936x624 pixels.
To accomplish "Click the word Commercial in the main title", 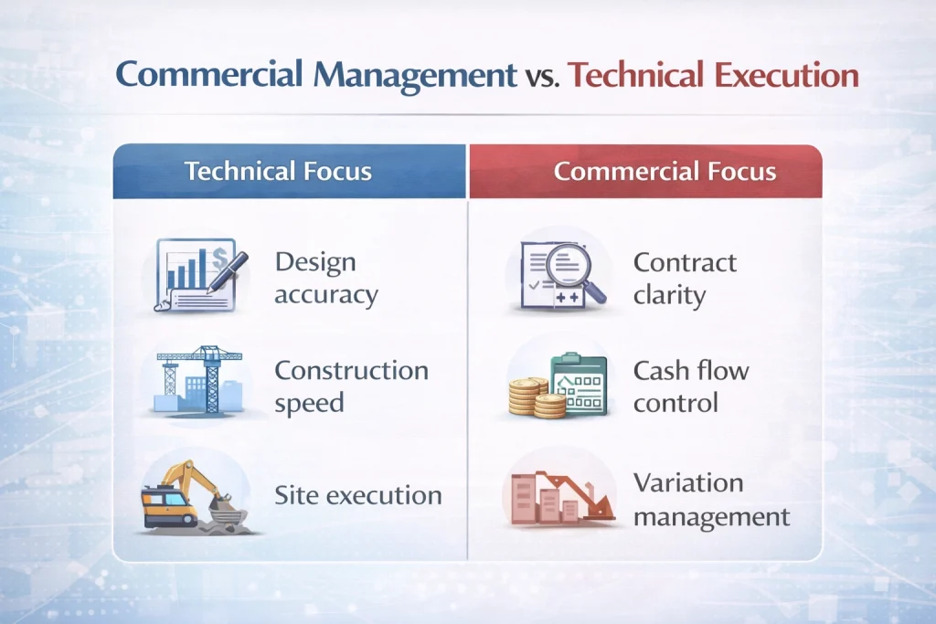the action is click(x=208, y=75).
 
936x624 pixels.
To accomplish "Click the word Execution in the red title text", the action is click(x=786, y=75).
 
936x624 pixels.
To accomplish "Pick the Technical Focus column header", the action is click(x=278, y=171).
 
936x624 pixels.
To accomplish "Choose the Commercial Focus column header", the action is click(x=665, y=171).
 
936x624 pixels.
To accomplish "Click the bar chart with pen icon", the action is click(x=199, y=275).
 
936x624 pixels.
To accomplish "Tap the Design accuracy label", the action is click(x=326, y=279).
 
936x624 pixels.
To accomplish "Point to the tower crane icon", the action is click(x=199, y=380).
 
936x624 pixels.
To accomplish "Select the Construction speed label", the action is click(x=351, y=386).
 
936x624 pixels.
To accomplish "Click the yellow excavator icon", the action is click(x=194, y=496).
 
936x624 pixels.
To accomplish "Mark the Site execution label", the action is click(x=358, y=495).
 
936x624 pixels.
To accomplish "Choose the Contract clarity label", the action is click(x=685, y=279).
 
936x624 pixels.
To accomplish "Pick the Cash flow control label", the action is click(x=691, y=386).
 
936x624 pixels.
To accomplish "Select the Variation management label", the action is click(x=711, y=500).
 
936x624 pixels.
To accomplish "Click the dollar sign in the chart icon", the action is click(x=219, y=258).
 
